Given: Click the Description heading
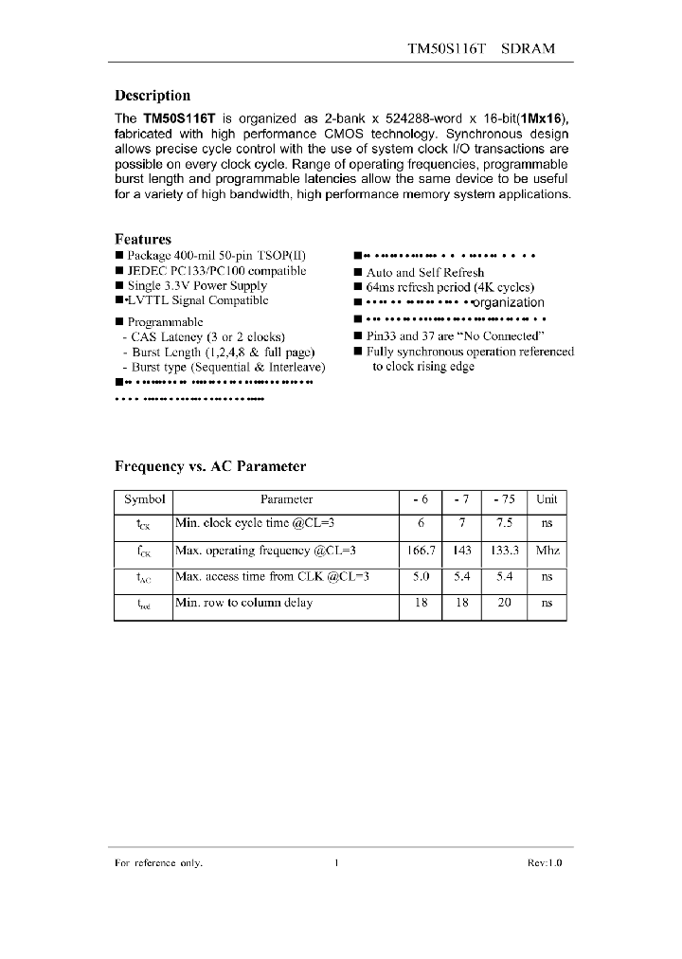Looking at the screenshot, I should point(152,95).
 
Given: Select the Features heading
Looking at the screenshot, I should point(142,239).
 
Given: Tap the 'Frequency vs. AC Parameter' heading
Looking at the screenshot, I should point(210,466).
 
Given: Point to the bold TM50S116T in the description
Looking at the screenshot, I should point(179,119).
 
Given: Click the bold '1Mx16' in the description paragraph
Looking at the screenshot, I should point(541,119).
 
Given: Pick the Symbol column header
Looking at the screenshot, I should point(144,499).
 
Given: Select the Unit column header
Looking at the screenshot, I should point(547,499).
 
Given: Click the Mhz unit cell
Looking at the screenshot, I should point(547,550).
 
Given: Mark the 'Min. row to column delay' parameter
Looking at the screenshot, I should point(243,602).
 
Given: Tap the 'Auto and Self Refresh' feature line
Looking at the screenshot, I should point(425,272).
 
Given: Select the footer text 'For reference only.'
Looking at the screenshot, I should point(158,862).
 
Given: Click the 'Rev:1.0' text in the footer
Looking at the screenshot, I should point(545,862).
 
